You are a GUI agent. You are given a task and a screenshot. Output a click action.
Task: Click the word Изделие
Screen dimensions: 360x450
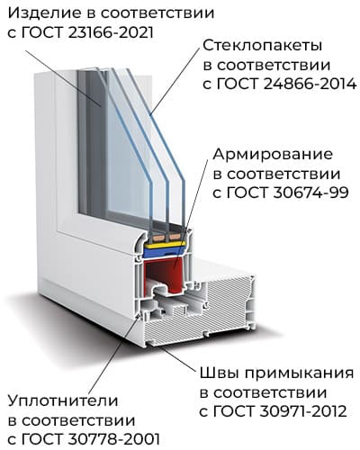(x=44, y=13)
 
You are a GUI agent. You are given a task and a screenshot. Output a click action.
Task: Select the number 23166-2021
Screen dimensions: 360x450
(x=111, y=33)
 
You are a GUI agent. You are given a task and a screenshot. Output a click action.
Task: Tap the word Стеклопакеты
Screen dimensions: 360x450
(x=263, y=46)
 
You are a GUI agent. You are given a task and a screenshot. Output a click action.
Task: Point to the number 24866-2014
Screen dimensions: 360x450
(x=310, y=85)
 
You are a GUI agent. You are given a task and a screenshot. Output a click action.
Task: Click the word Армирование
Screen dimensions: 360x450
(x=273, y=155)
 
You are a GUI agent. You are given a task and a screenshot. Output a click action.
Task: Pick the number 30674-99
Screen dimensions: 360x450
(x=310, y=193)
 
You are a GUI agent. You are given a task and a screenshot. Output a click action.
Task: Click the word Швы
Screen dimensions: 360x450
(x=219, y=373)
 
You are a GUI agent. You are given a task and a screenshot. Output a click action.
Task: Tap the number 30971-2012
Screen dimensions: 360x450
(x=303, y=411)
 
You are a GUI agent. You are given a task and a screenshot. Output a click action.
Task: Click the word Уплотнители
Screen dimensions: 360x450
(x=63, y=401)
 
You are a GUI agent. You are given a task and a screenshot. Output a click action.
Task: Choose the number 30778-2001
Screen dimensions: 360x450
(x=114, y=439)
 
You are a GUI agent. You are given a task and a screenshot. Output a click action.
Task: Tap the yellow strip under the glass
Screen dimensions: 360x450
(x=165, y=246)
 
